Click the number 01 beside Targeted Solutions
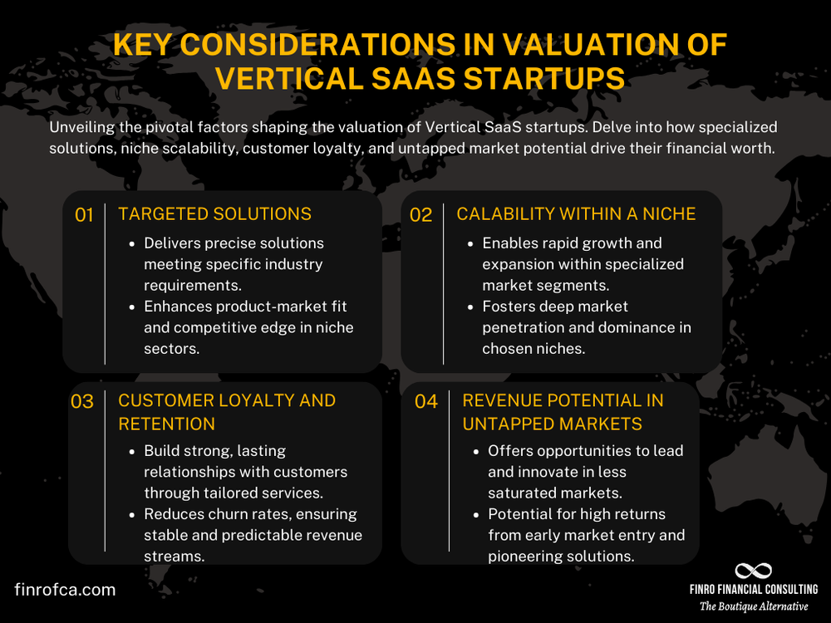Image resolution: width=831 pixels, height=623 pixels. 84,215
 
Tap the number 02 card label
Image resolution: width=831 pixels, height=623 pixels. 421,215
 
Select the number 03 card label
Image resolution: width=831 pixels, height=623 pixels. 82,402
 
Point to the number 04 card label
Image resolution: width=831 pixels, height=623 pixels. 426,402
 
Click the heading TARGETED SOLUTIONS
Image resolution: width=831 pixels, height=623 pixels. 214,214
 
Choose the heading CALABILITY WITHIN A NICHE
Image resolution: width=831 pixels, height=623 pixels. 576,214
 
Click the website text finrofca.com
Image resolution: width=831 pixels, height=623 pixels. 65,590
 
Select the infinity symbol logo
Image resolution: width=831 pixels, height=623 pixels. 754,571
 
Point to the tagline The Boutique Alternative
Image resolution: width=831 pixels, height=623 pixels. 754,606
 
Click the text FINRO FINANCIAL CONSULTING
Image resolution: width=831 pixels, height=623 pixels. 754,590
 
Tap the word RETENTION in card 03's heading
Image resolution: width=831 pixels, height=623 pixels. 166,424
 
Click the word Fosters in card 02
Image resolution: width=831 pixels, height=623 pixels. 509,306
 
